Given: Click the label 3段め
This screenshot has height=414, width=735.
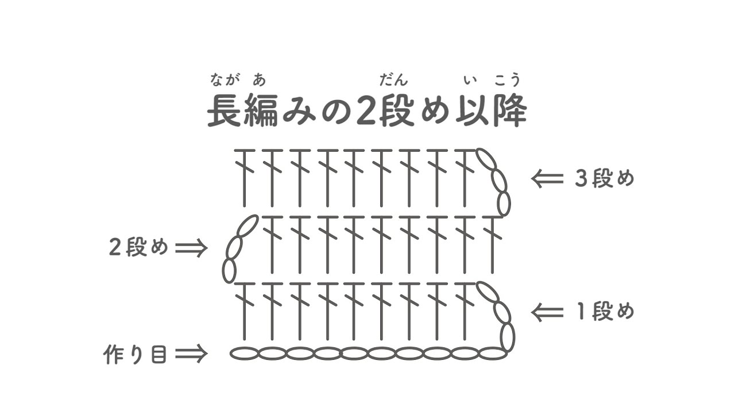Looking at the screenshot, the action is click(605, 179).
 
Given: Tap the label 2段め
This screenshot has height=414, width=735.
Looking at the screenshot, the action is click(138, 248).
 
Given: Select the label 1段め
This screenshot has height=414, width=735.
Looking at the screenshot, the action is click(605, 312).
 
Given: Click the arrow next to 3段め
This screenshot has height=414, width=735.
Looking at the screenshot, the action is click(547, 179).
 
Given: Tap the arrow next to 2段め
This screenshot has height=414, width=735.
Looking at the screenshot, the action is click(191, 248).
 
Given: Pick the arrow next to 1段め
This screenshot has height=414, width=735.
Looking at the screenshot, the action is click(547, 312).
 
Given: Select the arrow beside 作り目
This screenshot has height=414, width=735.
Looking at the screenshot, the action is click(191, 354).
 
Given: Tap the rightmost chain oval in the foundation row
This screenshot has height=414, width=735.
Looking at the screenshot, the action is click(493, 353).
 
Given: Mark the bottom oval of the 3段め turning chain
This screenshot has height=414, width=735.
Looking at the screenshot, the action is click(504, 204).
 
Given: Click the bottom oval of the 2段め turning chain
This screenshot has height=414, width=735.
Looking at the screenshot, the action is click(229, 271).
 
